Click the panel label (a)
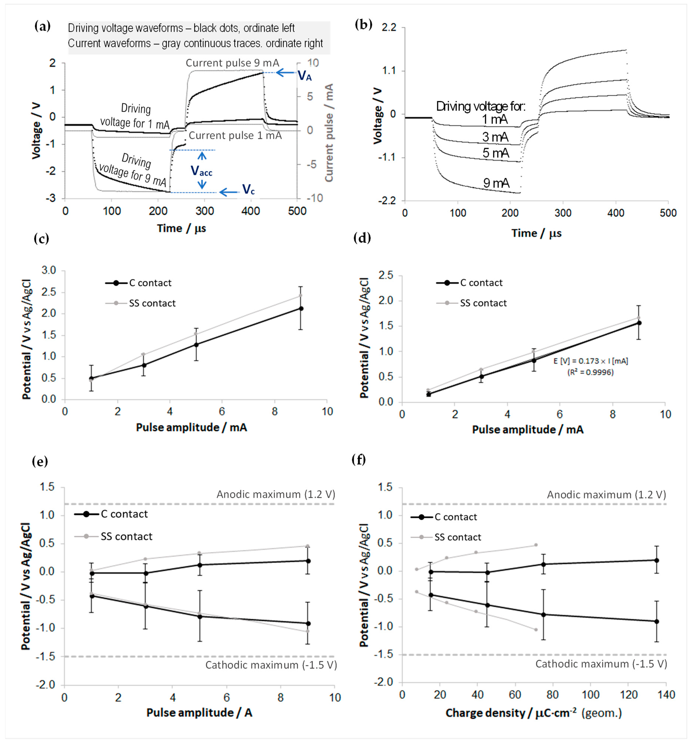coord(42,27)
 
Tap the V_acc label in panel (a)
coord(202,171)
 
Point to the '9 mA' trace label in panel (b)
coord(496,183)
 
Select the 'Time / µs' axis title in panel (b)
coord(536,233)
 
